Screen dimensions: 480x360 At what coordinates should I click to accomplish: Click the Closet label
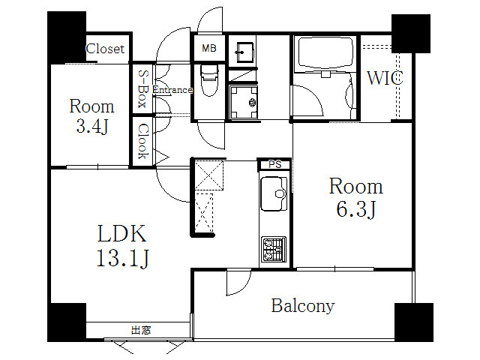(105, 49)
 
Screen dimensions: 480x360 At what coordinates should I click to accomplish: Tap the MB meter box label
(209, 48)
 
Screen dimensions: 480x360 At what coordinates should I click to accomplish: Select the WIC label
(385, 78)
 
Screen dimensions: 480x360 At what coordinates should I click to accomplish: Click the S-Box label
(142, 88)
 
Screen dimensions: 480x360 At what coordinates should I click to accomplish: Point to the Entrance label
(172, 90)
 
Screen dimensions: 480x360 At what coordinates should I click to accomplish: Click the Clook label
(142, 141)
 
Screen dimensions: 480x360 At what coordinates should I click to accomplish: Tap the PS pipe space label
(275, 164)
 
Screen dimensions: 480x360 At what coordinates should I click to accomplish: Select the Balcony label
(303, 306)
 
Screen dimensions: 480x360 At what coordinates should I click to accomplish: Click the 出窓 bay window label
(141, 330)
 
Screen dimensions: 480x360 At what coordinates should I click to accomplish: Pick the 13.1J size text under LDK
(123, 258)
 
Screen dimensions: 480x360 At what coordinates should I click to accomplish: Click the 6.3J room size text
(356, 209)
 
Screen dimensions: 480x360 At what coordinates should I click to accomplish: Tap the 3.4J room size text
(92, 126)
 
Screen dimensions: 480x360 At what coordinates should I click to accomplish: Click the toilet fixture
(210, 80)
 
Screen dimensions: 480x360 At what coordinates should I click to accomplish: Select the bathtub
(325, 52)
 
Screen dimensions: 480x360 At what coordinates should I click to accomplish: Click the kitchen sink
(274, 193)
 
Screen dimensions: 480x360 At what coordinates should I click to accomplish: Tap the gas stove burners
(274, 250)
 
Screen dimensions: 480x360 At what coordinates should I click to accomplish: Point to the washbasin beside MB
(244, 52)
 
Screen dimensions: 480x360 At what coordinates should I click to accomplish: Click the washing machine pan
(244, 102)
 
